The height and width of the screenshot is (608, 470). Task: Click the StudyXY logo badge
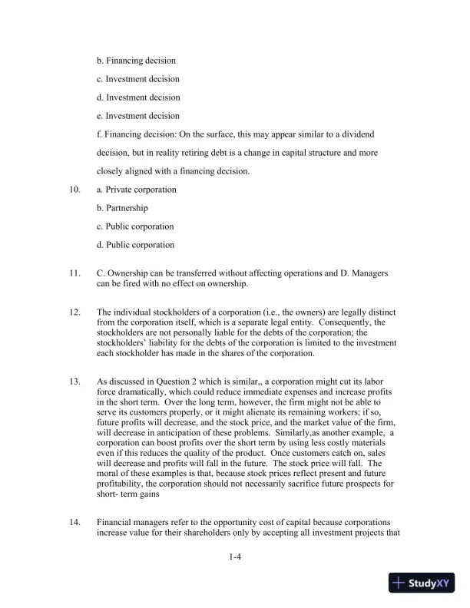click(x=422, y=583)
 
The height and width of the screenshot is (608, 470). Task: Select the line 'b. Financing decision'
click(x=136, y=61)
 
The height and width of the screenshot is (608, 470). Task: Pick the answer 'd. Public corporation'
click(x=135, y=245)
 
